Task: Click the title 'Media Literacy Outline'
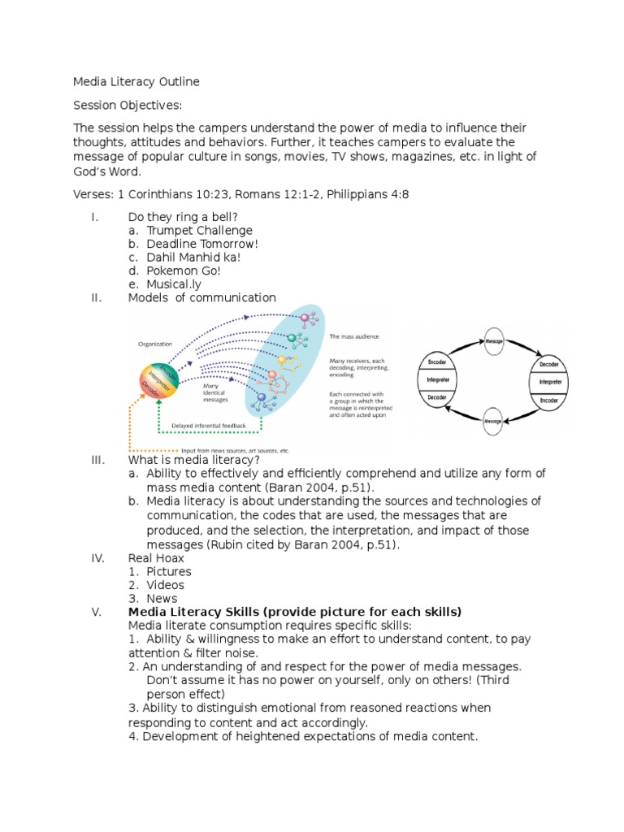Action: click(x=136, y=82)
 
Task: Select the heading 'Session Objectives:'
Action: click(x=128, y=106)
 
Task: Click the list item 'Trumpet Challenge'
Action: click(x=200, y=230)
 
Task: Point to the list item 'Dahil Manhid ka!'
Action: click(x=193, y=258)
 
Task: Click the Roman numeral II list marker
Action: click(x=96, y=298)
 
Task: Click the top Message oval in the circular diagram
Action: click(x=494, y=341)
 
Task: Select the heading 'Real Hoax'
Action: click(x=156, y=558)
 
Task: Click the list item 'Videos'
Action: click(x=166, y=585)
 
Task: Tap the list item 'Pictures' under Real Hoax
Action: click(x=169, y=571)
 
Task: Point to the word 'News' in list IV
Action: click(x=162, y=599)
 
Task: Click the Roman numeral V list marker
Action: click(x=97, y=612)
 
